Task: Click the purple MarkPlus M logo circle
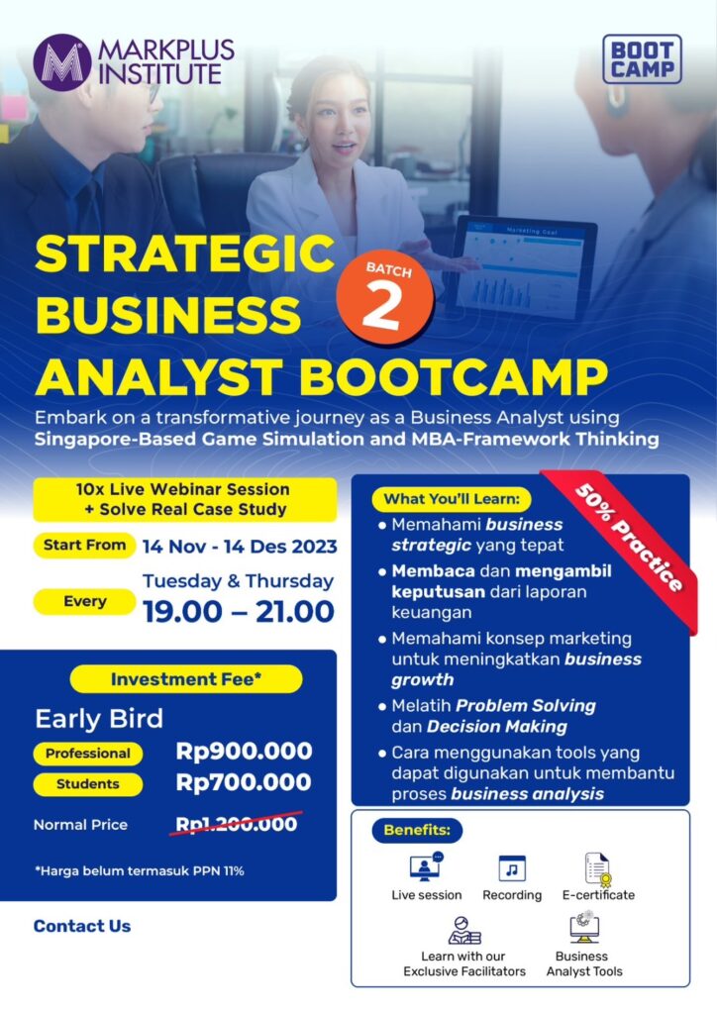click(62, 62)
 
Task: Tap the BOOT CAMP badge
click(642, 59)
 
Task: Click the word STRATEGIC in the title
click(184, 253)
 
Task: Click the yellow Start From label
click(85, 546)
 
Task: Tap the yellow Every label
click(85, 601)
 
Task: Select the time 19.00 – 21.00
click(238, 612)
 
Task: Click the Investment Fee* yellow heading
click(186, 679)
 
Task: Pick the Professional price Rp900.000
click(244, 751)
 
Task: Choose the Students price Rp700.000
click(244, 782)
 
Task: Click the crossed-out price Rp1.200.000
click(237, 823)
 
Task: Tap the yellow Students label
click(88, 784)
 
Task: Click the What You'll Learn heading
click(452, 499)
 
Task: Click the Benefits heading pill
click(417, 831)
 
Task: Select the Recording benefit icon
click(512, 868)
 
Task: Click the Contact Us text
click(82, 926)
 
